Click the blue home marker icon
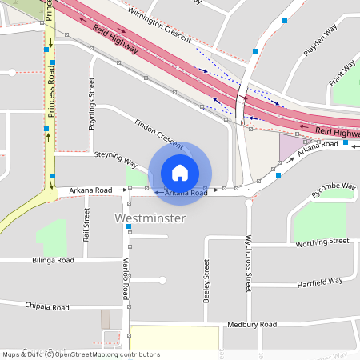coord(180,172)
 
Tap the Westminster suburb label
coord(150,218)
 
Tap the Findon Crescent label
coord(159,130)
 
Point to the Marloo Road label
coord(126,280)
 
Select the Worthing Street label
coord(322,241)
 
